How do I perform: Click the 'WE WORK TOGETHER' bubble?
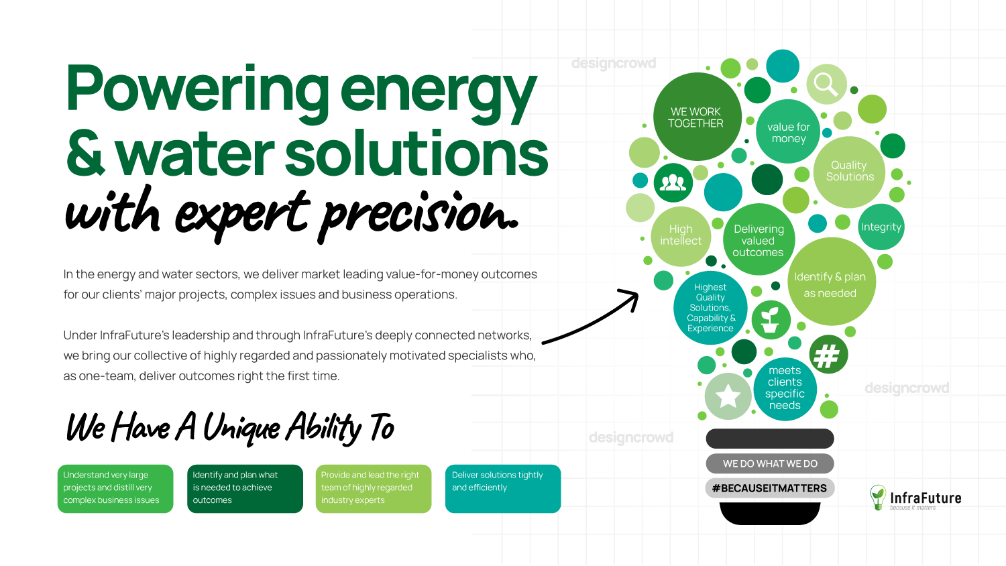[x=697, y=117]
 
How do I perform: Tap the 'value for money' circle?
[x=788, y=131]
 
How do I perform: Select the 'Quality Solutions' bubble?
[x=849, y=172]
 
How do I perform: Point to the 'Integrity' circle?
[x=881, y=227]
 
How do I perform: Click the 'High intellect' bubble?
[x=681, y=236]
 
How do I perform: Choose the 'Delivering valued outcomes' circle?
[x=759, y=239]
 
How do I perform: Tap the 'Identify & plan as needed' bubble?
[x=832, y=282]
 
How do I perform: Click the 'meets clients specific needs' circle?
[x=785, y=388]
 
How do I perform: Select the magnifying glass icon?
[x=826, y=84]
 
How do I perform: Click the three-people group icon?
[x=673, y=183]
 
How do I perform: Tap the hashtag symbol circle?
[x=828, y=355]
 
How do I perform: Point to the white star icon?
[x=728, y=396]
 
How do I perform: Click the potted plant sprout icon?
[x=771, y=320]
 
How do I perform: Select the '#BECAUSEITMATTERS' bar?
[x=770, y=488]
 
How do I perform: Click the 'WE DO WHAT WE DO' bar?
[x=770, y=463]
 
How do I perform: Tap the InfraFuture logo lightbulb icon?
[x=878, y=497]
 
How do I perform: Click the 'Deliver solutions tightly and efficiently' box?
[x=503, y=489]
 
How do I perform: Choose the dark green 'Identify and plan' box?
[x=245, y=489]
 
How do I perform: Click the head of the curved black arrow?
[x=632, y=297]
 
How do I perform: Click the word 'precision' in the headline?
[x=419, y=216]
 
